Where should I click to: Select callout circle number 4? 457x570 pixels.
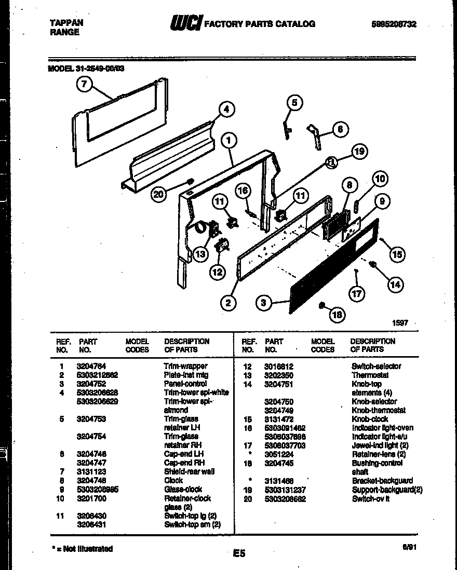coord(225,109)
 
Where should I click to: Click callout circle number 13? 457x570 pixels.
coord(200,254)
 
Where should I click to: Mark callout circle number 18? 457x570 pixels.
coord(337,314)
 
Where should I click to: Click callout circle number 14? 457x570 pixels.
coord(395,283)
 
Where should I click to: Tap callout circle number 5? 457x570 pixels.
coord(294,103)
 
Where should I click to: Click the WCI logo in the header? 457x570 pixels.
coord(185,23)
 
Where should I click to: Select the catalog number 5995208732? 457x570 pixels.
coord(394,24)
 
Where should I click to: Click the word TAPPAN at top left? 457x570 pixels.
coord(66,23)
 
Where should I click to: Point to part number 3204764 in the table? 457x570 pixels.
coord(91,366)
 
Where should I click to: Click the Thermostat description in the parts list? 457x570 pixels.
coord(370,375)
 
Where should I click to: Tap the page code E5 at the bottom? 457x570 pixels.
coord(239,553)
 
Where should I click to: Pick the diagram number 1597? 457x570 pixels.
coord(399,323)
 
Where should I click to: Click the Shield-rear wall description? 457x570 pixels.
coord(189,471)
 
